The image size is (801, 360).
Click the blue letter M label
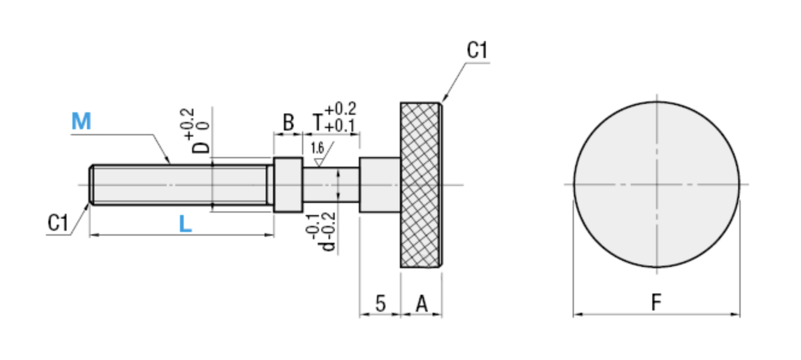81,122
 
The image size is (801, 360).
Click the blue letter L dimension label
185,225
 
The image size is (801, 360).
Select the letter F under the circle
657,302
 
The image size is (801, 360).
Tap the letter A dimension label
422,303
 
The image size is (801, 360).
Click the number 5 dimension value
380,303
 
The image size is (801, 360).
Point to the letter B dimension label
288,123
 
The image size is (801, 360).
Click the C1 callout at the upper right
477,51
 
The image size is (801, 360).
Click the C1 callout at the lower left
58,223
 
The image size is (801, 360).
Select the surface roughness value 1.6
317,148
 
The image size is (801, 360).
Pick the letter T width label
317,123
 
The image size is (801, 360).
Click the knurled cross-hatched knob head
420,184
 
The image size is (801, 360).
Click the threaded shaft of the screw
181,184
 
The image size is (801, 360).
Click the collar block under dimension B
288,184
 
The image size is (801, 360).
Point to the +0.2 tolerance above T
340,109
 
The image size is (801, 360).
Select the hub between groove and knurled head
379,184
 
